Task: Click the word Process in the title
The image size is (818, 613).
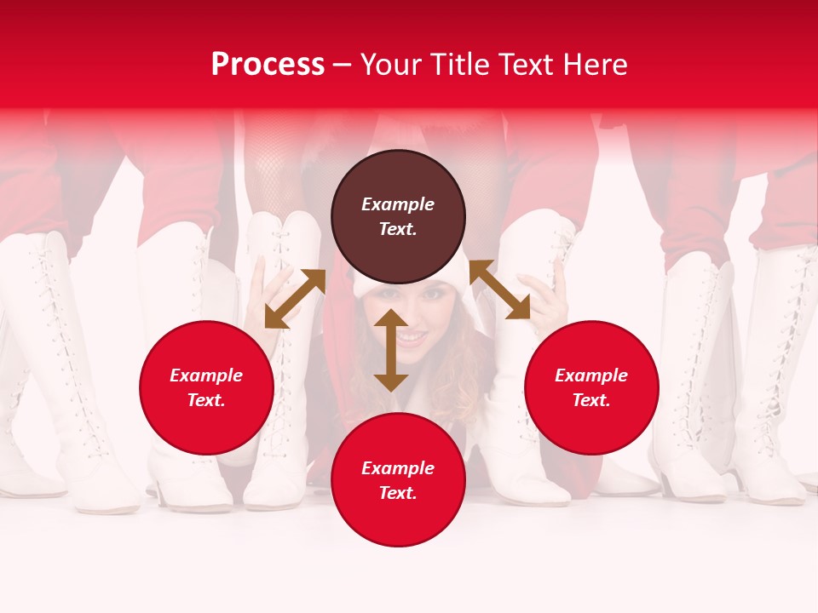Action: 268,65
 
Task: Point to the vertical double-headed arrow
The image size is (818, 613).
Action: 391,350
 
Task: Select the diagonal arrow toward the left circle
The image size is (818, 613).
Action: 295,298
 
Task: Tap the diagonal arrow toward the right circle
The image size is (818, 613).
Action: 499,289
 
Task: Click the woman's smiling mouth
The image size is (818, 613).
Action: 412,338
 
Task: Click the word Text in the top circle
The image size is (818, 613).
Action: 397,229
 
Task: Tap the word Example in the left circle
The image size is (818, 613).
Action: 206,375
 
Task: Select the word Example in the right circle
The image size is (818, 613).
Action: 591,375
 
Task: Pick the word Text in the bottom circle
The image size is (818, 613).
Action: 397,493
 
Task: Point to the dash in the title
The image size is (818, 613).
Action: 343,65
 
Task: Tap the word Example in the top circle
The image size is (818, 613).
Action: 398,204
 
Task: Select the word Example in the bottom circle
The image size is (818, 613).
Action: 398,468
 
